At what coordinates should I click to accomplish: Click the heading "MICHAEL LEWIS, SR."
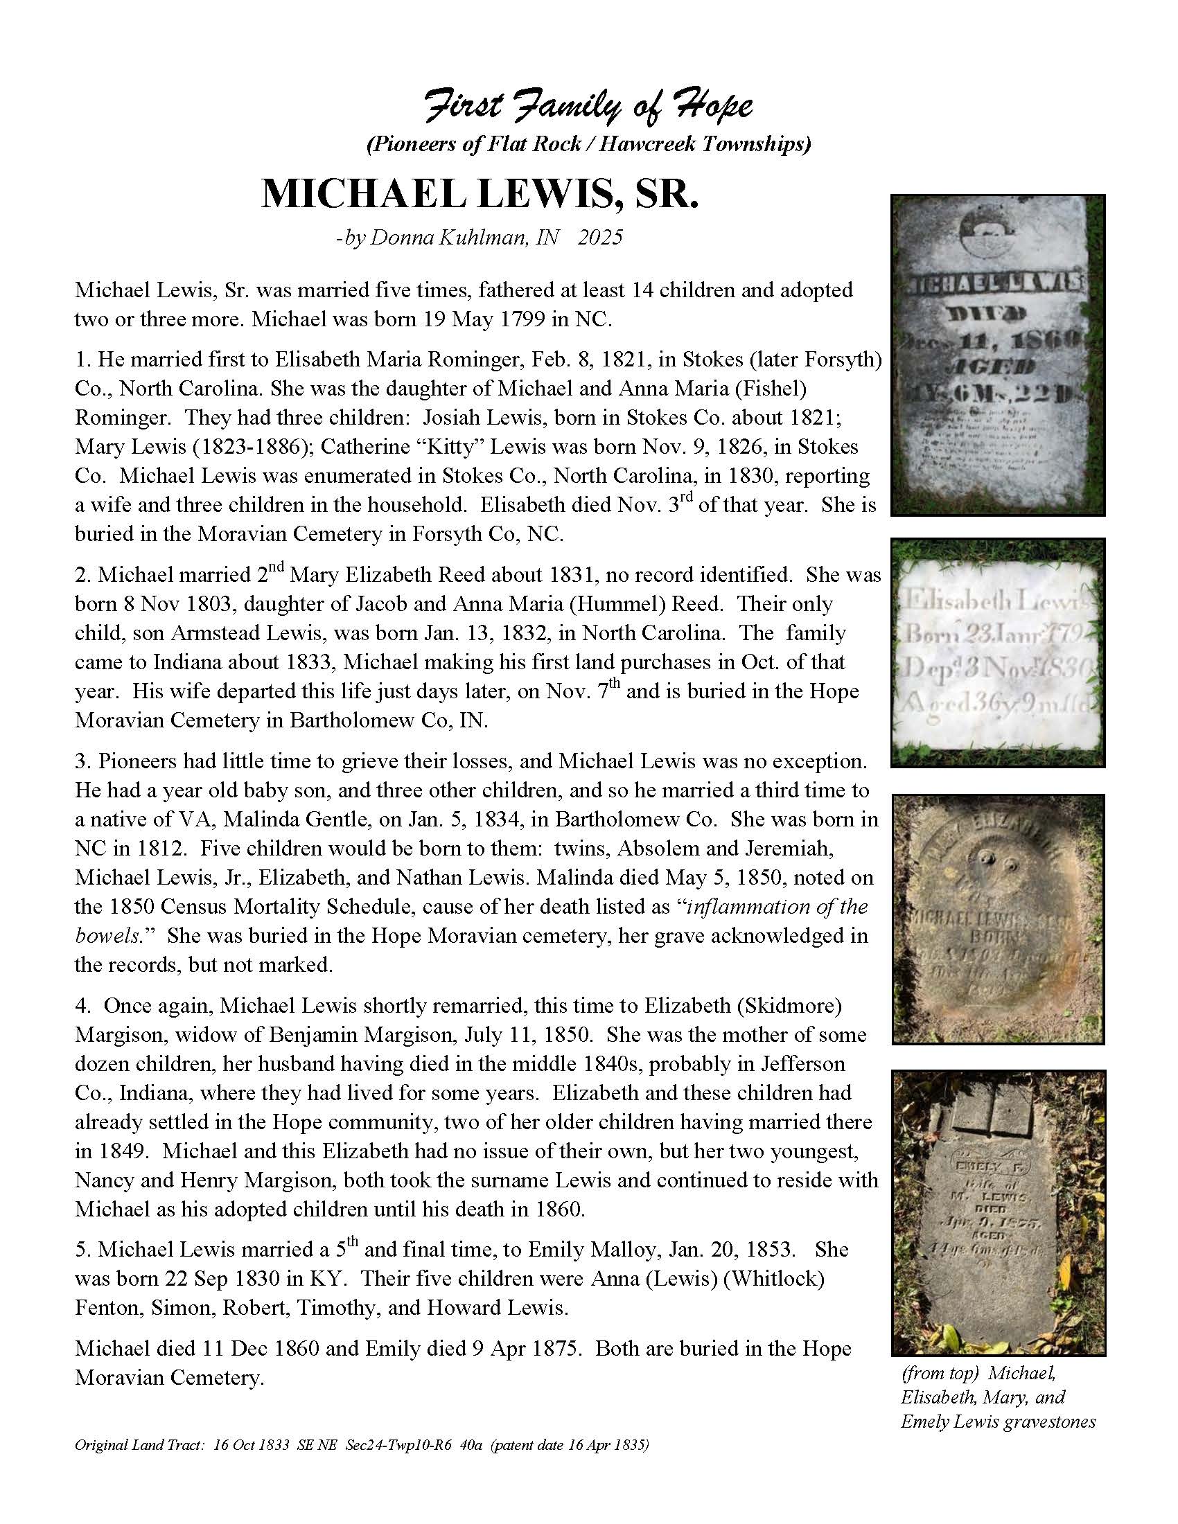(x=480, y=194)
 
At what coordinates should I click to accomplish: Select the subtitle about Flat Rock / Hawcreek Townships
(x=588, y=144)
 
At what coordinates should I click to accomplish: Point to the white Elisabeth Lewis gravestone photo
(x=998, y=653)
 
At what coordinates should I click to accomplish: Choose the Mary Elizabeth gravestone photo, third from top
(x=998, y=919)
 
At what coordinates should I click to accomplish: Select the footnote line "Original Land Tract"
(x=362, y=1445)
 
